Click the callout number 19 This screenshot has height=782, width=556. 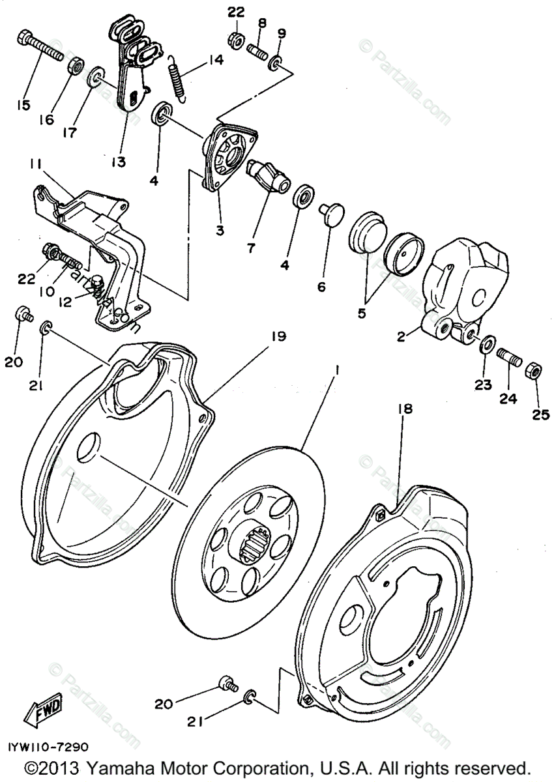pyautogui.click(x=278, y=336)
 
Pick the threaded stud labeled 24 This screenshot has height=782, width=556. pyautogui.click(x=508, y=357)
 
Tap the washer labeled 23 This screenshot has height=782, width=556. pyautogui.click(x=487, y=342)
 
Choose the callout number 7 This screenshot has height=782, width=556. pyautogui.click(x=252, y=248)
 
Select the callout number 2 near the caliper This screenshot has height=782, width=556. pyautogui.click(x=402, y=336)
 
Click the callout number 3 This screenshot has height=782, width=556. pyautogui.click(x=220, y=230)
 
